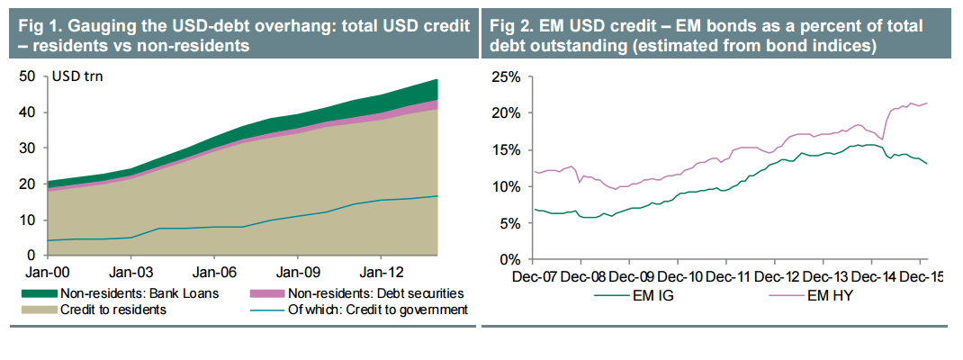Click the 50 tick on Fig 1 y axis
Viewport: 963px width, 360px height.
point(27,76)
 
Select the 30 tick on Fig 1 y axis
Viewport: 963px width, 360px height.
point(27,148)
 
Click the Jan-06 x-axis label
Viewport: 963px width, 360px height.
point(214,270)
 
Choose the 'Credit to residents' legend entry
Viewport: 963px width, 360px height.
point(112,310)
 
